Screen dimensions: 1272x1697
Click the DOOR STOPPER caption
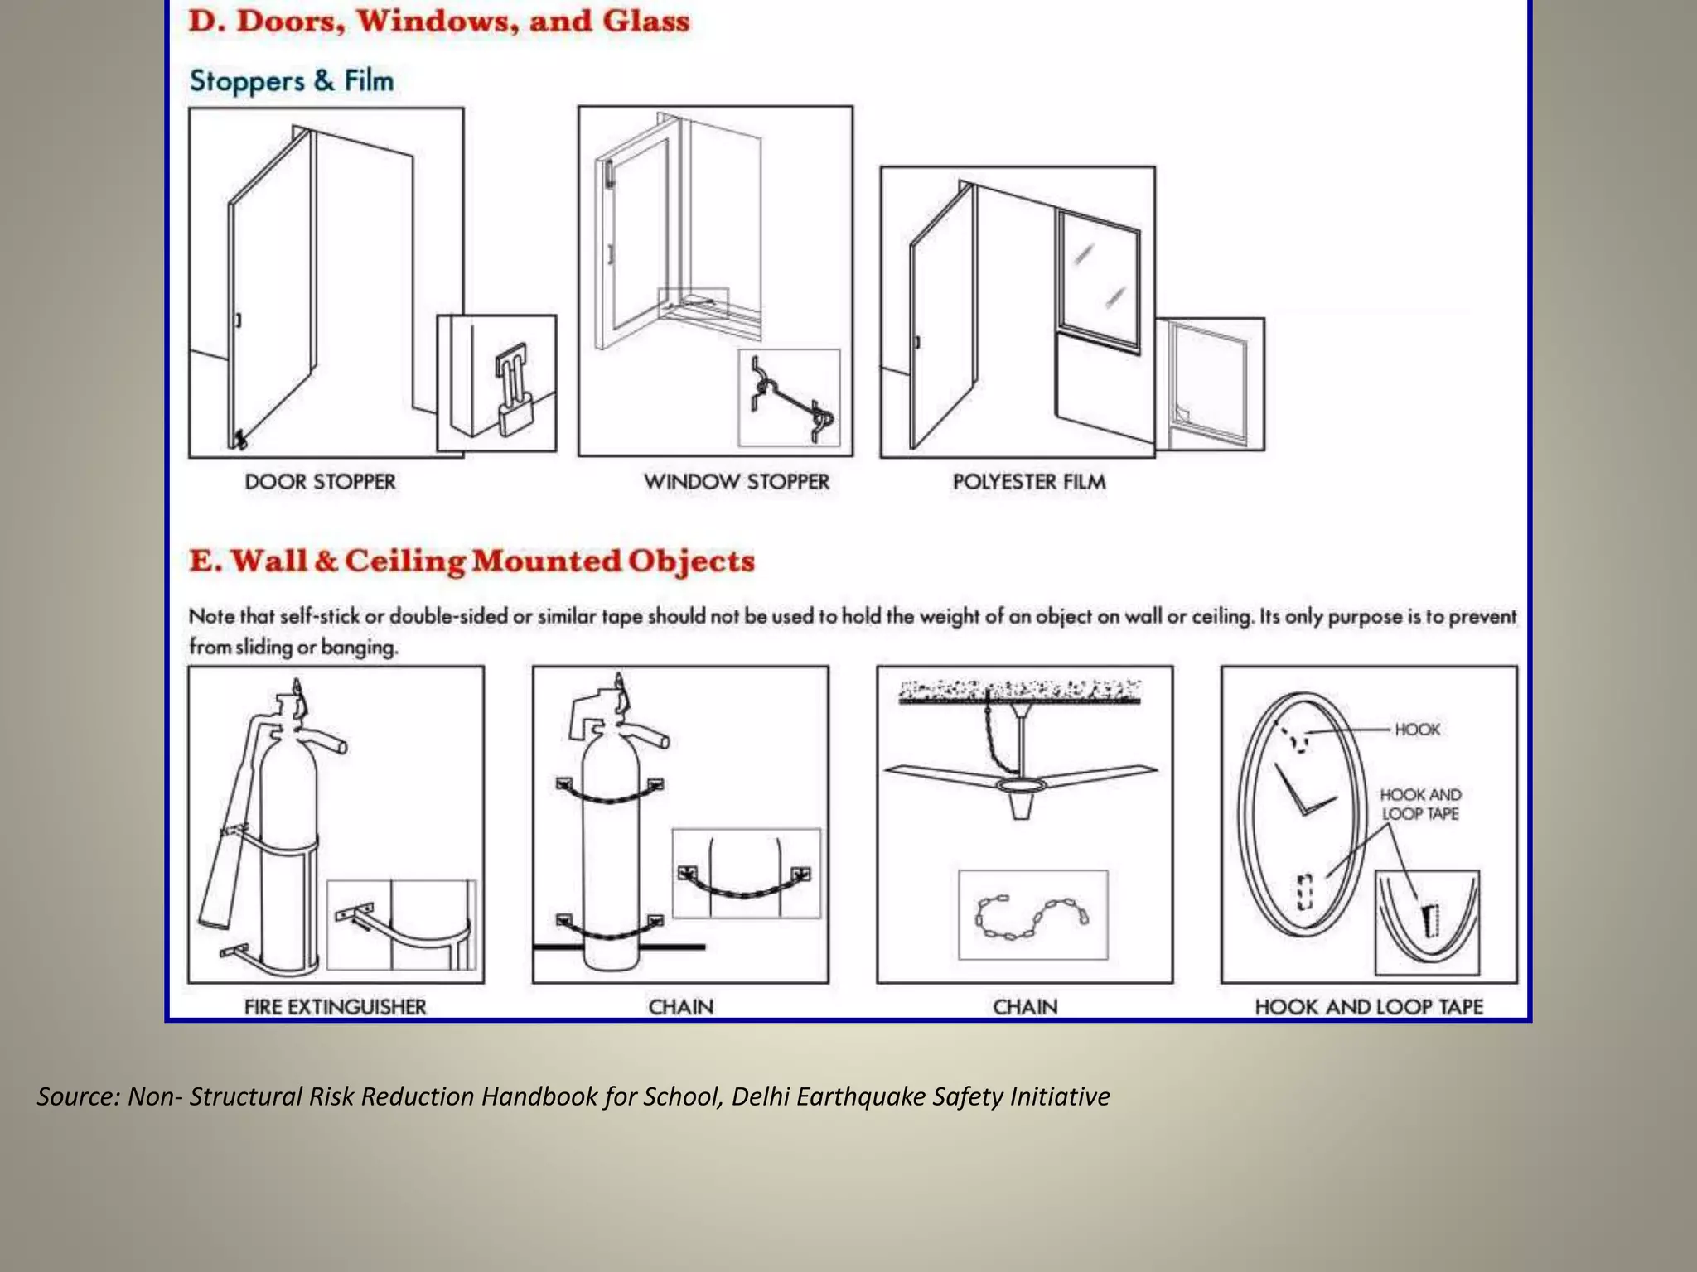[x=320, y=482]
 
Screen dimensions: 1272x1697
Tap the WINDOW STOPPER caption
[x=736, y=482]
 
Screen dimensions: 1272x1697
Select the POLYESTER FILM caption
[x=1028, y=482]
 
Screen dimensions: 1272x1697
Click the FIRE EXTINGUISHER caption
[x=335, y=1007]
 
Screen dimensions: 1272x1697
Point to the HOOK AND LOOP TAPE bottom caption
[x=1368, y=1007]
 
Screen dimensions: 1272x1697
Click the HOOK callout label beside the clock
[x=1417, y=730]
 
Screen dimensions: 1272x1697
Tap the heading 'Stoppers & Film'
[x=291, y=81]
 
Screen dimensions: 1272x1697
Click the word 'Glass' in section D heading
[x=645, y=21]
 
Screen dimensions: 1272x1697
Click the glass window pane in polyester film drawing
[x=1098, y=277]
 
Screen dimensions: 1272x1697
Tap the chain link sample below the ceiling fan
[x=1031, y=916]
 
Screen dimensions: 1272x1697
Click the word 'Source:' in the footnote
[x=79, y=1096]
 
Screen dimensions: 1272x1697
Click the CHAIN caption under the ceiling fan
[x=1025, y=1007]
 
